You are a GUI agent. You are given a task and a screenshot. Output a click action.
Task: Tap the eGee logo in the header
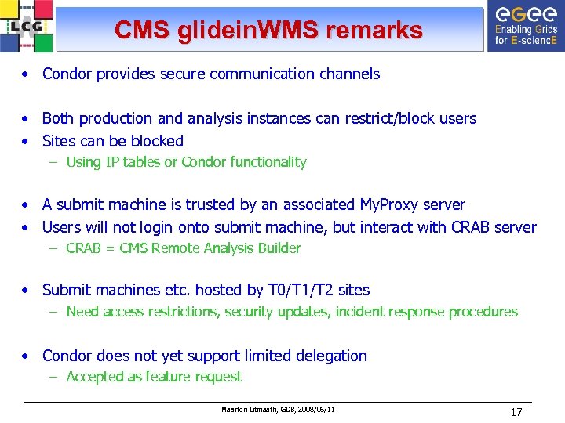coord(525,27)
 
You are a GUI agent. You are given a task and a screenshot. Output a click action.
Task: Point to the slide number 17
coord(516,411)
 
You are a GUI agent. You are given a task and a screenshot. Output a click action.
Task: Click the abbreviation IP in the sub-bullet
coord(110,162)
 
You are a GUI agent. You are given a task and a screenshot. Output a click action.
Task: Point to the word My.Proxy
coord(389,205)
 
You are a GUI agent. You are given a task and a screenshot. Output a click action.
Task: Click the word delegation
coord(329,356)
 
